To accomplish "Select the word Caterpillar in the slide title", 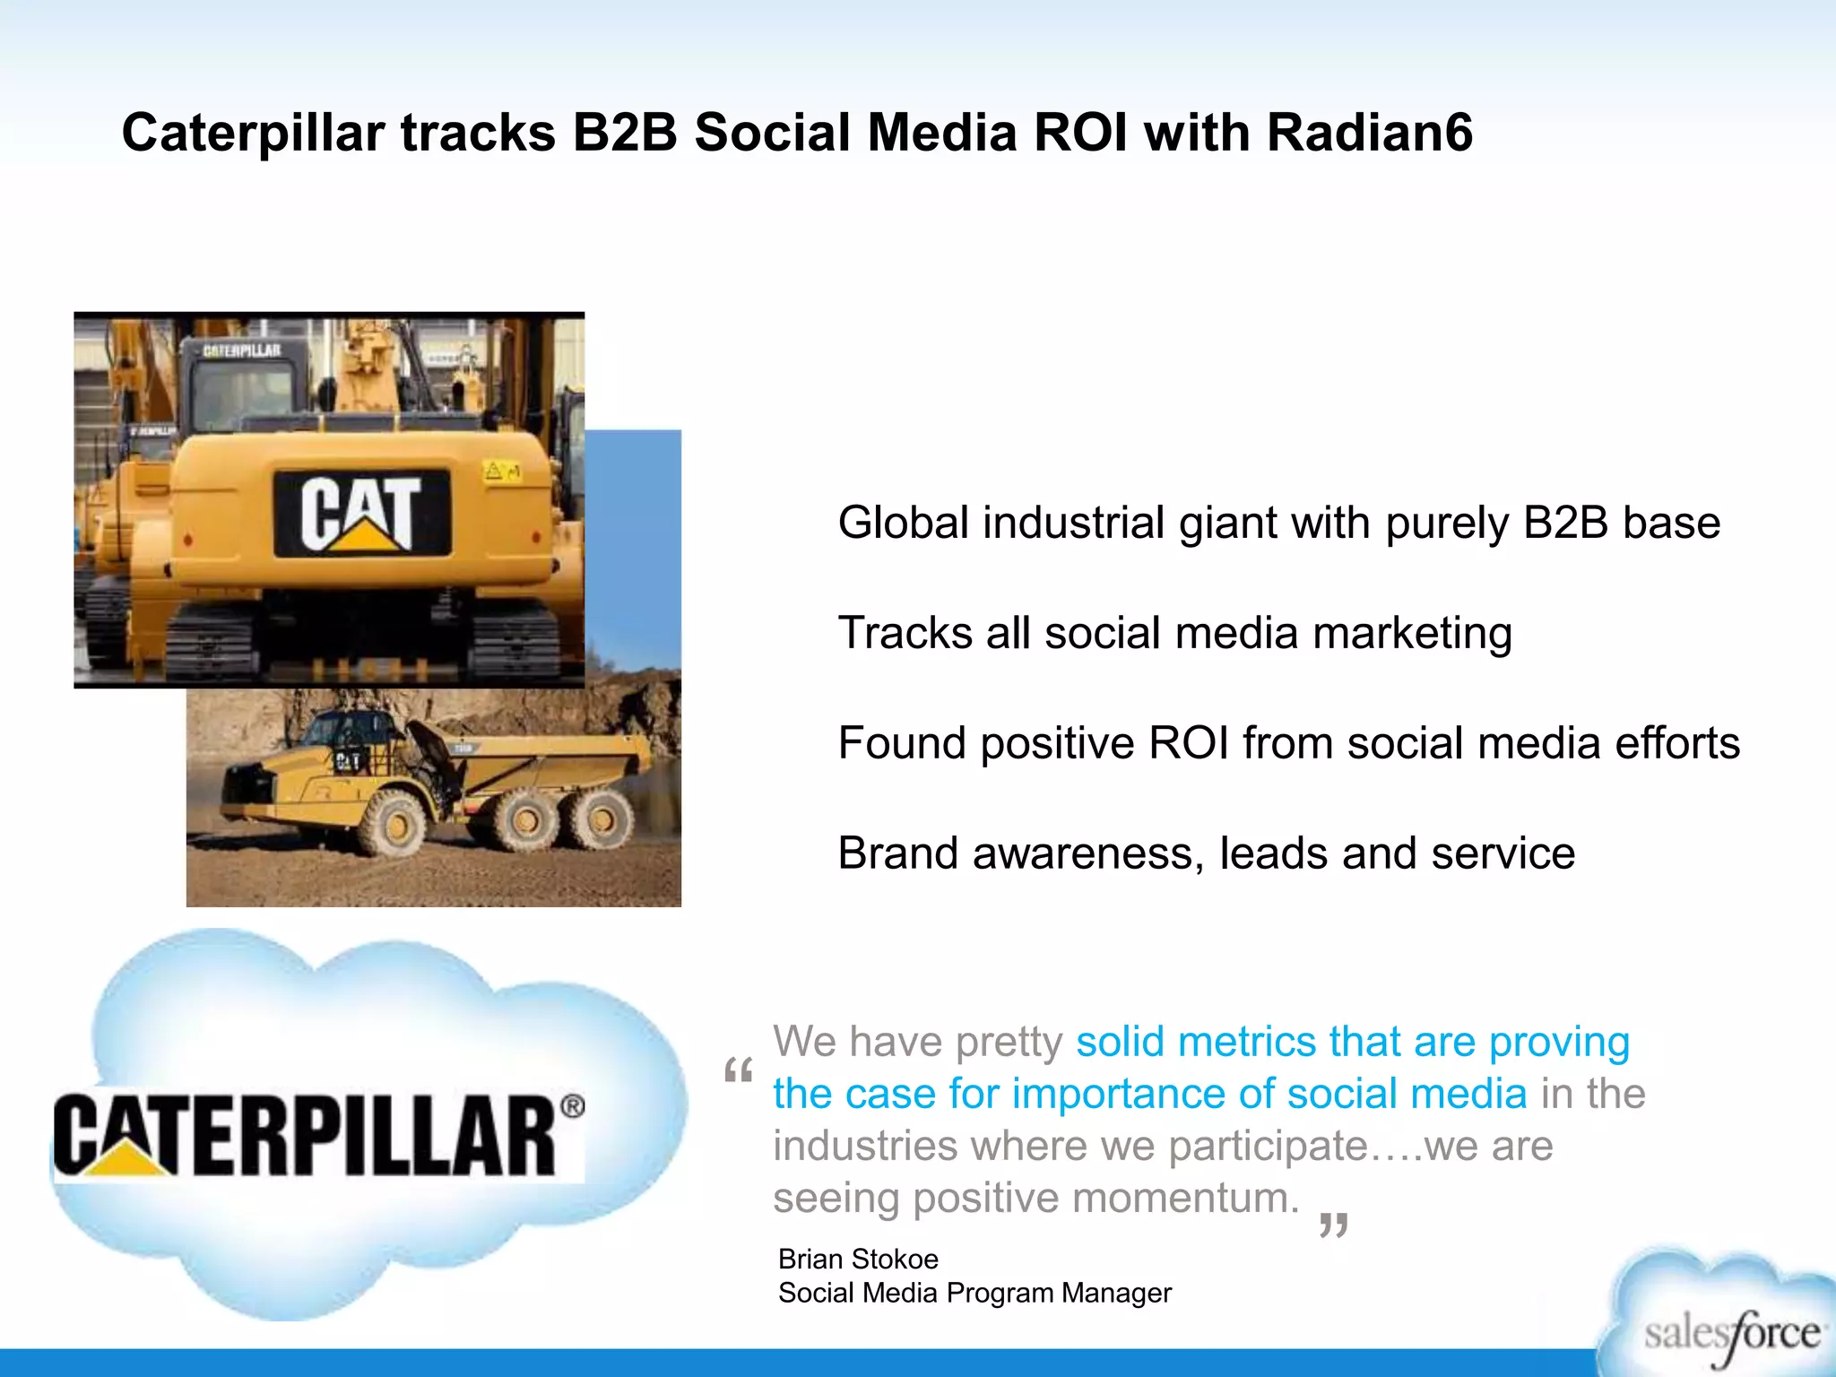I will (253, 133).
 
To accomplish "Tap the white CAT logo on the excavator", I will (361, 512).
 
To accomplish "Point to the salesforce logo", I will (1730, 1333).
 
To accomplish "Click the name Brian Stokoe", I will (858, 1259).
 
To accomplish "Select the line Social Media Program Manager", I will (974, 1293).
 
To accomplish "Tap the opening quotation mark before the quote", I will (739, 1071).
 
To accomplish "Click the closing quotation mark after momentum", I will (1334, 1225).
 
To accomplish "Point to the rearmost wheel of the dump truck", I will (601, 818).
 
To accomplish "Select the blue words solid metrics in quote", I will (1196, 1042).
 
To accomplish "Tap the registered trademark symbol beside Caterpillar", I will (573, 1106).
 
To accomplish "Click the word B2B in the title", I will (625, 133).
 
